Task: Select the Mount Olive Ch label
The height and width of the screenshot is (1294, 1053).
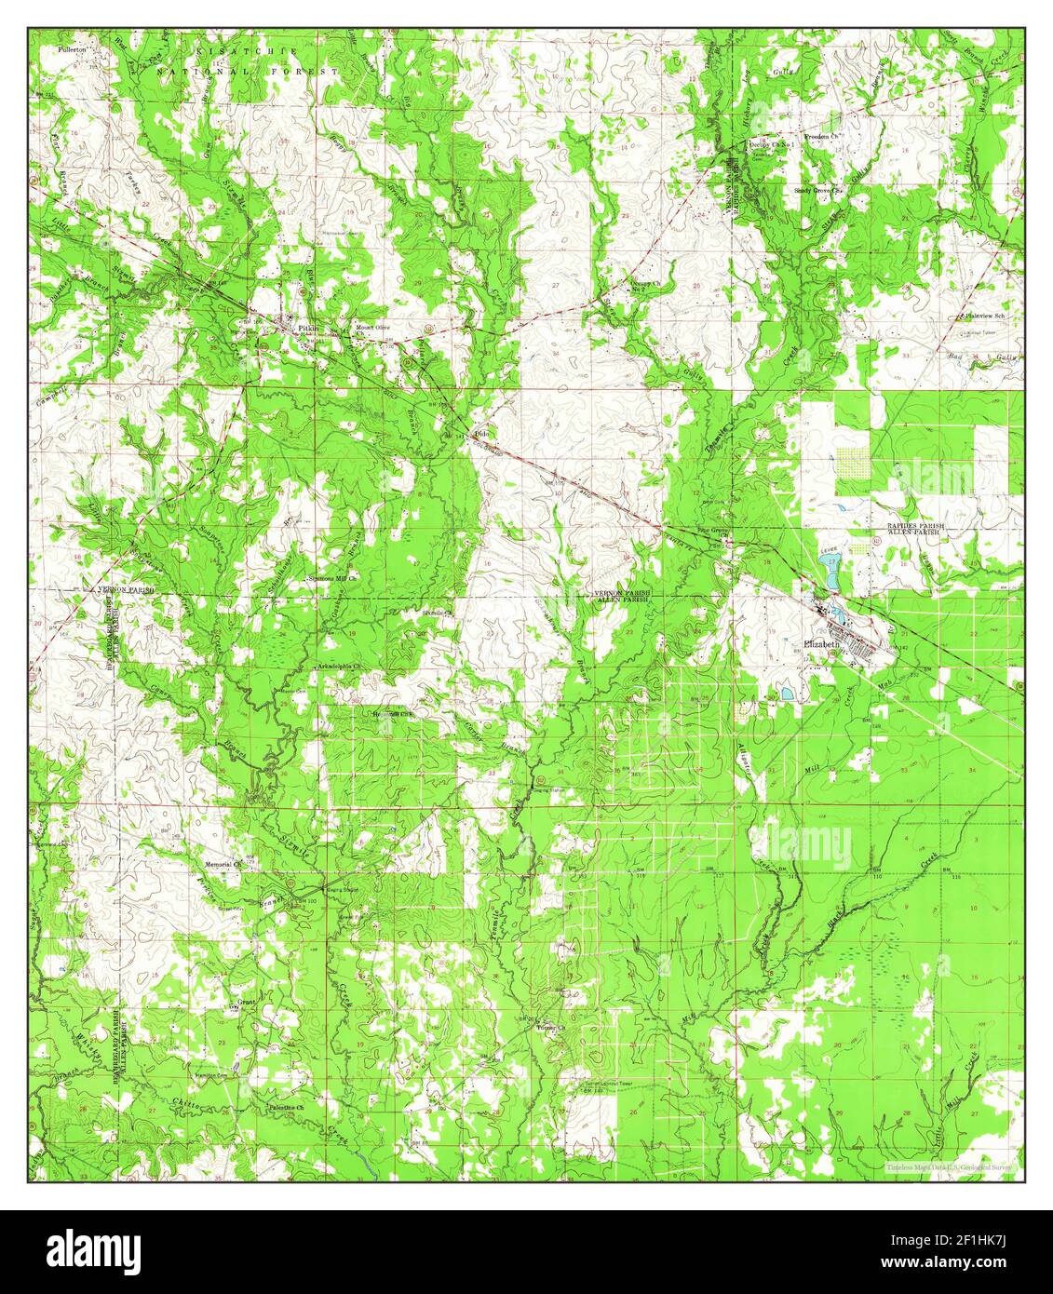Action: pyautogui.click(x=370, y=329)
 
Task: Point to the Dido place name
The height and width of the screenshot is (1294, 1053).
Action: pyautogui.click(x=481, y=434)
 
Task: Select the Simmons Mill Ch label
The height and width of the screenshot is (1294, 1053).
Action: pyautogui.click(x=336, y=578)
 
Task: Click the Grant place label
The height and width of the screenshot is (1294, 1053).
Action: pyautogui.click(x=246, y=1003)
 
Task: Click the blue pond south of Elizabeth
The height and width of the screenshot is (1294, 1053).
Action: pyautogui.click(x=788, y=694)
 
